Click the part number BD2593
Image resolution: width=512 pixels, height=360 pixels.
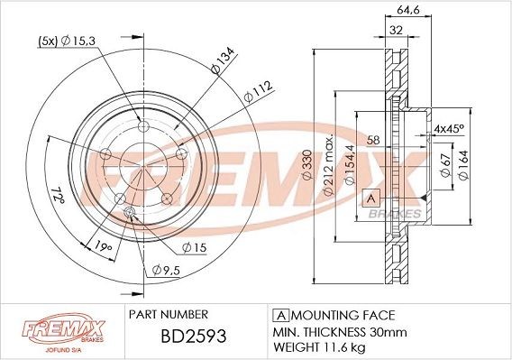point(193,336)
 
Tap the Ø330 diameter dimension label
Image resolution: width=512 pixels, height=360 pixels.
point(307,165)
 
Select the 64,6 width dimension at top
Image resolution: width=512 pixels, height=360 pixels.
point(407,10)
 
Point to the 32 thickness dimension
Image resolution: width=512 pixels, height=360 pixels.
point(396,31)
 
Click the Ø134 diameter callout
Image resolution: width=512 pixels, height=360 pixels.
point(223,60)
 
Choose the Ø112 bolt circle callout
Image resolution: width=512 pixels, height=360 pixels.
point(258,92)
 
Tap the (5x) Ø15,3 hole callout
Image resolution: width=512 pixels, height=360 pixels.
point(67,42)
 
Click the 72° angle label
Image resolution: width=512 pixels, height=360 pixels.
point(58,194)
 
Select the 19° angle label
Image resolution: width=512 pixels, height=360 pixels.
point(103,246)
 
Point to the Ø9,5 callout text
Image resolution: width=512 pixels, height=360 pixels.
point(166,270)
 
